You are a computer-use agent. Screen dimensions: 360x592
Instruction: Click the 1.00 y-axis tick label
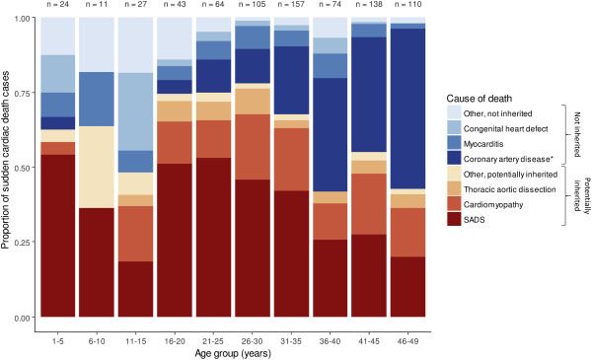[25, 20]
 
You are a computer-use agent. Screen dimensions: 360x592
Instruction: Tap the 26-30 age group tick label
[252, 330]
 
